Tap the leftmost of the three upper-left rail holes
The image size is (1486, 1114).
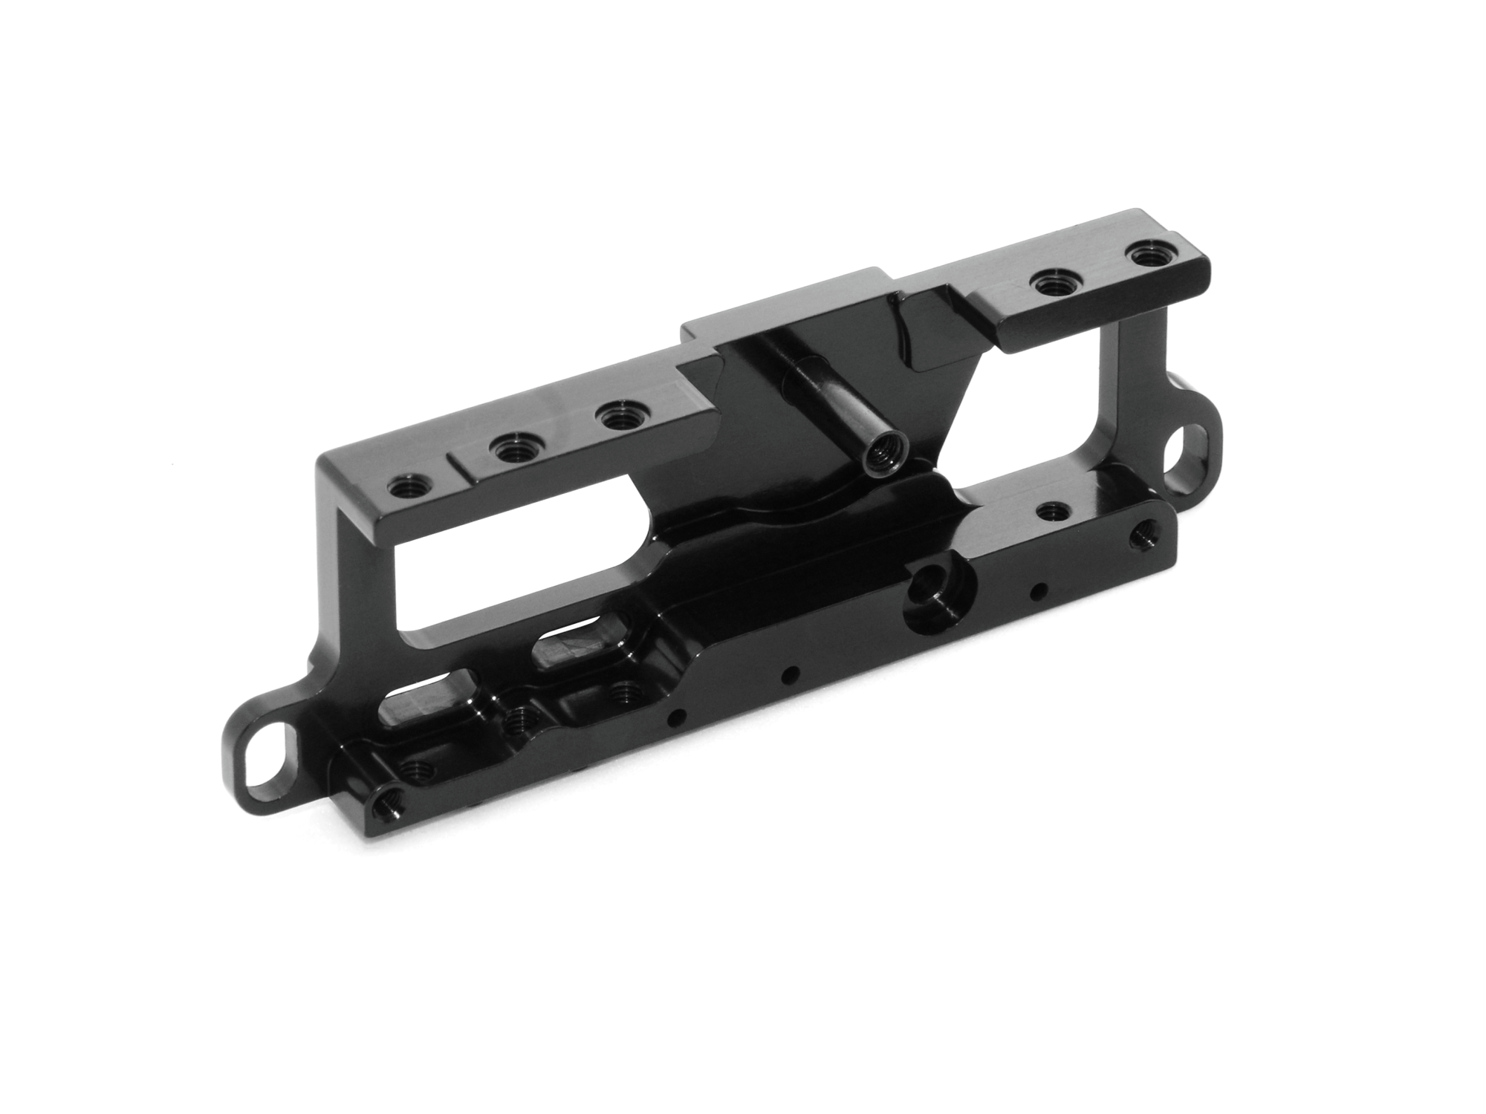pyautogui.click(x=406, y=487)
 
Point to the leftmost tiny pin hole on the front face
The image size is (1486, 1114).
pyautogui.click(x=676, y=716)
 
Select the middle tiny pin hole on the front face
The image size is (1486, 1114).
pyautogui.click(x=790, y=674)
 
